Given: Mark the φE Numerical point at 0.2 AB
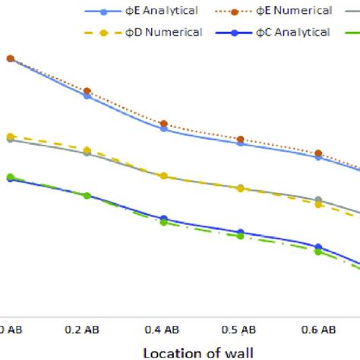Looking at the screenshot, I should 87,91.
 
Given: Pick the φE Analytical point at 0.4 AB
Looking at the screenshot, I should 164,129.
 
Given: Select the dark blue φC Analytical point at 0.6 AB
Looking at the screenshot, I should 318,247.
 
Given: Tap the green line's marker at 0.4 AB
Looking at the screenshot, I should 164,223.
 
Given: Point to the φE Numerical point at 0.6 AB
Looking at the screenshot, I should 318,153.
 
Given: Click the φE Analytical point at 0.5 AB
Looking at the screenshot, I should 241,143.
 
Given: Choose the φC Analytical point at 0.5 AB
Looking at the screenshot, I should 241,232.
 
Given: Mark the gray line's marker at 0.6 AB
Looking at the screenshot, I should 318,200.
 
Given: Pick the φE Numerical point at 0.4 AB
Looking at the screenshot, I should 164,123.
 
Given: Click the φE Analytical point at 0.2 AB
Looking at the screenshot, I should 87,96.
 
